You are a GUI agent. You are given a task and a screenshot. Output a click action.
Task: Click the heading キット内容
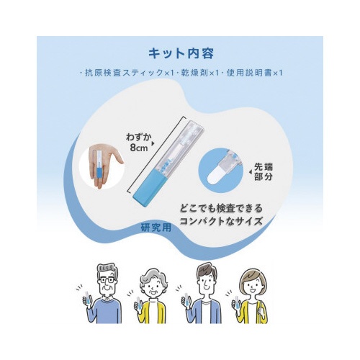coord(181,53)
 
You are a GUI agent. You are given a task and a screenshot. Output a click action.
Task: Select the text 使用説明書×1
coord(255,73)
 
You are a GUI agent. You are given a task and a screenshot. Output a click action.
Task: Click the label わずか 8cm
coord(139,143)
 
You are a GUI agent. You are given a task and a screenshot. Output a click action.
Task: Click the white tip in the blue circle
coord(214,176)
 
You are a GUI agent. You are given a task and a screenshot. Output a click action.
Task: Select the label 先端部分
coord(264,172)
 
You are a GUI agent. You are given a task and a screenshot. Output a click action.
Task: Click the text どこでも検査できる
coord(222,208)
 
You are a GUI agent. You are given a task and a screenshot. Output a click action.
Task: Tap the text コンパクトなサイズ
coord(221,221)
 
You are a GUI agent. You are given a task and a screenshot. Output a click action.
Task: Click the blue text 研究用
coord(156,228)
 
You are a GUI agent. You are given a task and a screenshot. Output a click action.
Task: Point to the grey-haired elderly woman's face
coord(153,287)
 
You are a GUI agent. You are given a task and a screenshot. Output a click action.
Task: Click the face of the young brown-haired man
coord(205,282)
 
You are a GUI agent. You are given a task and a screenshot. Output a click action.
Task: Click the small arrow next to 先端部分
coord(251,172)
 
